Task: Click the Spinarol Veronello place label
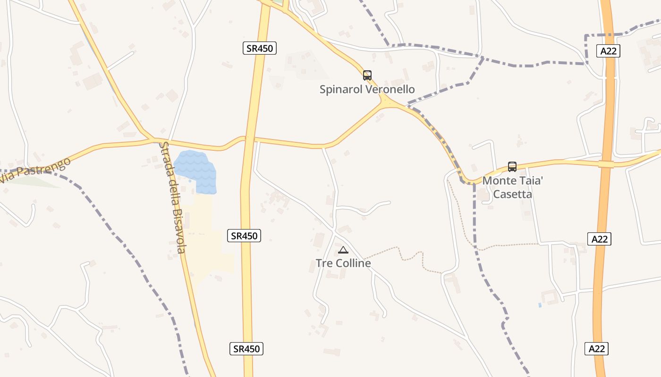[367, 89]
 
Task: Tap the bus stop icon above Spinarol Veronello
[367, 75]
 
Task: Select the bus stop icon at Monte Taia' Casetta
[512, 166]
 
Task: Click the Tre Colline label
[343, 263]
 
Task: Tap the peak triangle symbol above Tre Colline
[343, 250]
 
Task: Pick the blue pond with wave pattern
[196, 171]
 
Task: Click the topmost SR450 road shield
[260, 48]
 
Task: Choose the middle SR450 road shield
[244, 236]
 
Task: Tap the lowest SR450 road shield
[246, 349]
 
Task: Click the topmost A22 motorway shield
[608, 51]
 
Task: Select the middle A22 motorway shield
[600, 239]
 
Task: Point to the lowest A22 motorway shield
[597, 349]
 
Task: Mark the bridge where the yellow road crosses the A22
[606, 164]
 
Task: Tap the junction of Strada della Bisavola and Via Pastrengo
[154, 140]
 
